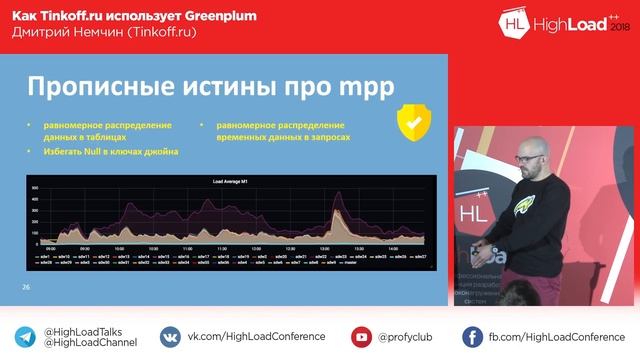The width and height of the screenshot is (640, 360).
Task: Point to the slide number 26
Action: pyautogui.click(x=27, y=287)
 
